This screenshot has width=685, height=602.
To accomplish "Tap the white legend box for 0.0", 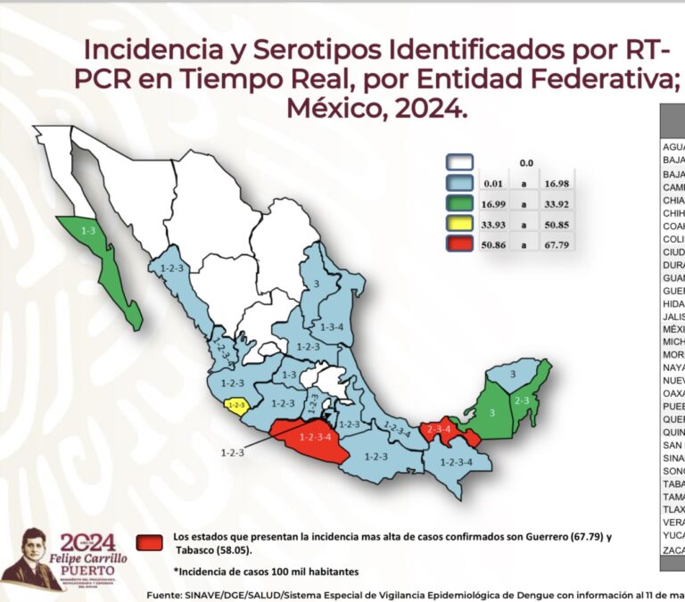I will pyautogui.click(x=459, y=162).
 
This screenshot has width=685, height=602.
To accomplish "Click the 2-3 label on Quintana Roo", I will pyautogui.click(x=523, y=400).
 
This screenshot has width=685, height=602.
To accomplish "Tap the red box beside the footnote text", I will pyautogui.click(x=151, y=541).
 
